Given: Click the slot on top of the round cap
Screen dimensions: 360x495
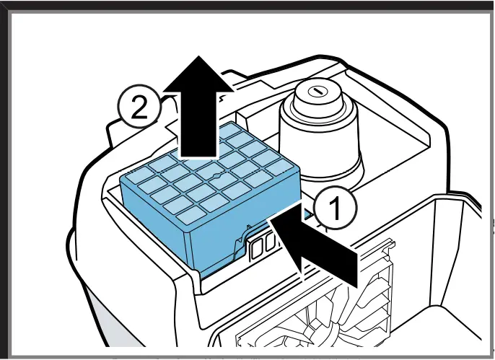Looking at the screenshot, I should coord(315,92).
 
